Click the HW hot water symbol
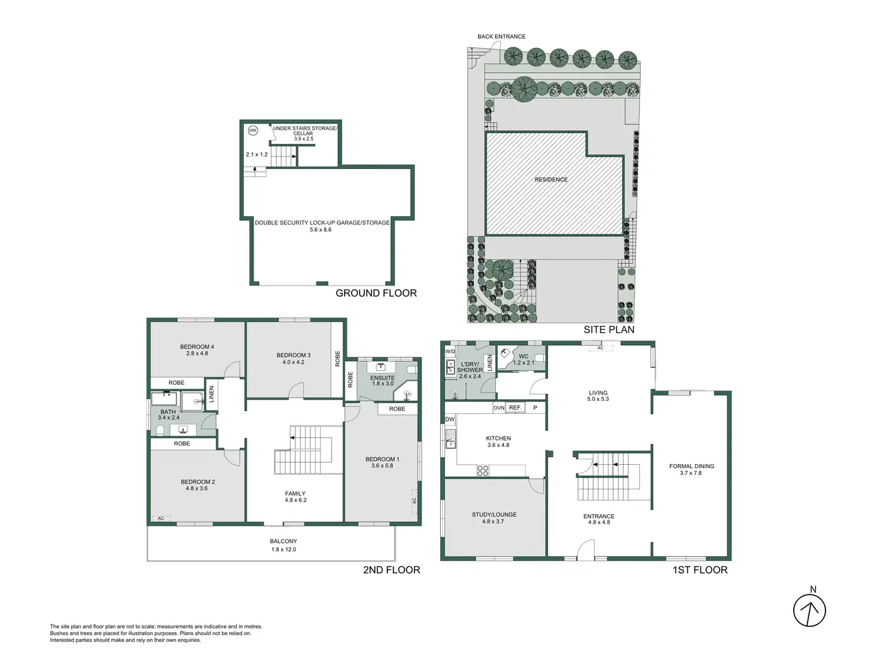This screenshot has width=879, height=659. [x=252, y=130]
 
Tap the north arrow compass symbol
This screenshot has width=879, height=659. [x=810, y=610]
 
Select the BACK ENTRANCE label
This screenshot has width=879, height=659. [x=501, y=36]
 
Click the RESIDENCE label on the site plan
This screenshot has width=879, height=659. [x=551, y=180]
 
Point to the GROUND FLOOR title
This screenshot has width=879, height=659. [x=376, y=293]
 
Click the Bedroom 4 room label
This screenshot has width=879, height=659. [x=197, y=347]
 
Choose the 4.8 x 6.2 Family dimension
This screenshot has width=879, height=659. [x=295, y=500]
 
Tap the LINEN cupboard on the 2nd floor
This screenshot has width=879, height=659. [x=212, y=394]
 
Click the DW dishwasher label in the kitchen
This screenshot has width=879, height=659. [x=450, y=419]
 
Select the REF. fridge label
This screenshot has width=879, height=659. [x=515, y=408]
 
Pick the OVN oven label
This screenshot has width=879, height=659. [x=499, y=408]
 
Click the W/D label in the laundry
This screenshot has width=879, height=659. [x=450, y=351]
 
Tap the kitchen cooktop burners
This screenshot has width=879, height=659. [x=483, y=470]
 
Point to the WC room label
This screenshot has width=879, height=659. [x=523, y=356]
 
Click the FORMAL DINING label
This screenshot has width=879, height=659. [x=692, y=466]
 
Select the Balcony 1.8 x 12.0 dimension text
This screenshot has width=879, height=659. [x=284, y=549]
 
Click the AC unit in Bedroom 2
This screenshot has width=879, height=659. [x=161, y=518]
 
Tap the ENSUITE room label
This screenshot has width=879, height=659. [x=383, y=378]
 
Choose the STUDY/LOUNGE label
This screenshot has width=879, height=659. [x=494, y=515]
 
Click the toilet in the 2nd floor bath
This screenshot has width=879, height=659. [x=160, y=430]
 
